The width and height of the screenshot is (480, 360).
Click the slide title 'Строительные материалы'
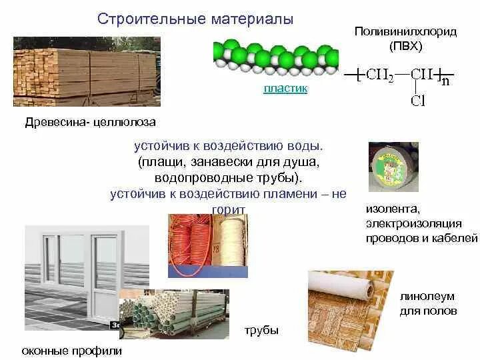[195, 19]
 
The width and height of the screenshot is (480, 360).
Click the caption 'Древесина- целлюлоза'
[90, 123]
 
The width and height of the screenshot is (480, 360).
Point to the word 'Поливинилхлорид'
[405, 32]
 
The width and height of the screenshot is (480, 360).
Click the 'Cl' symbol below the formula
[418, 101]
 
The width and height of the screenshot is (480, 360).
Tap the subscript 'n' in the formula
[445, 82]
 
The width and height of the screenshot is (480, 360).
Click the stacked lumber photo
[87, 72]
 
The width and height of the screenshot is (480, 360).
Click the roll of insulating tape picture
[393, 167]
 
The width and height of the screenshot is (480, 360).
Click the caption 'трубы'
[261, 331]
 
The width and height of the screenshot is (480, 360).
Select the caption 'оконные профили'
[72, 351]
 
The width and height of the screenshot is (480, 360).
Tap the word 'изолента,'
[392, 209]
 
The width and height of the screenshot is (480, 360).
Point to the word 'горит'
[229, 209]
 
